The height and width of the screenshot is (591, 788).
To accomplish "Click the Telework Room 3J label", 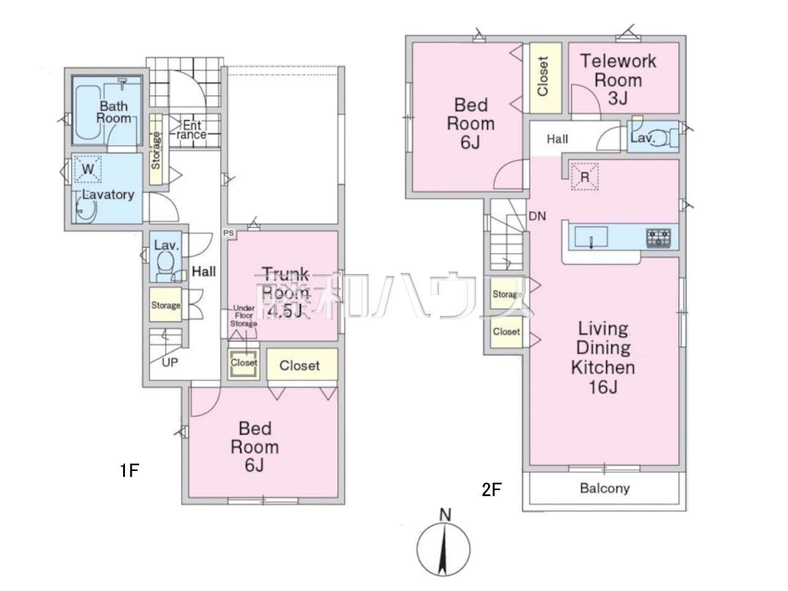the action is (618, 79).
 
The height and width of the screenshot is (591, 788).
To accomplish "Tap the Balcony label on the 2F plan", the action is (605, 488).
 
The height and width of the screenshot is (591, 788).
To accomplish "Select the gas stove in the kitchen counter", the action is (658, 238).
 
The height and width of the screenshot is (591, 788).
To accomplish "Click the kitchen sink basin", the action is (591, 237).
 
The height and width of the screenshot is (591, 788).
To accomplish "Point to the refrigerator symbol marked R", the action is (584, 177).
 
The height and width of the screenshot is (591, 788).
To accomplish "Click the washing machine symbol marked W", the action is (87, 169).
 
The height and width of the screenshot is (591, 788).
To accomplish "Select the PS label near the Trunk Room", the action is (228, 233).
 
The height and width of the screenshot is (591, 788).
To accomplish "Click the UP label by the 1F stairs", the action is (169, 363).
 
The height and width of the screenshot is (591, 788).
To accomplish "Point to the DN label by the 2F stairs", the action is (537, 216).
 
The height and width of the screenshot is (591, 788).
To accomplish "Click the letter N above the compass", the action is (445, 515).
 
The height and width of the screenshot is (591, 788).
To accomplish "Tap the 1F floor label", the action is (129, 470).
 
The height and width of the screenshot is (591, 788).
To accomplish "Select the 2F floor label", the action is (491, 489).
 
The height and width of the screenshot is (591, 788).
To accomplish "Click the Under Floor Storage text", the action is (244, 316).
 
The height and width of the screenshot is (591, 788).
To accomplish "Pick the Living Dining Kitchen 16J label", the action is (603, 358).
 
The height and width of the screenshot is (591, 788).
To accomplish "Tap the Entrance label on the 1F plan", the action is (191, 130).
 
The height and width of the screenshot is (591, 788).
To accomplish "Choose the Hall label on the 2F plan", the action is (557, 139).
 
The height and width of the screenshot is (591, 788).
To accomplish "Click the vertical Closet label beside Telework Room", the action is (542, 76).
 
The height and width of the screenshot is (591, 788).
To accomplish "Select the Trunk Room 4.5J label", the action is (286, 292).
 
